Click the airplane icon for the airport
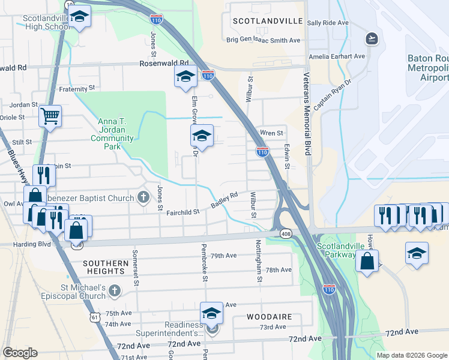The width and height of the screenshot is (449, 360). point(372,39)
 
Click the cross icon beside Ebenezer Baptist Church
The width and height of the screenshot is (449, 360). point(143,197)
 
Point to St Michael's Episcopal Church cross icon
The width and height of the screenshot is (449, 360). point(115,291)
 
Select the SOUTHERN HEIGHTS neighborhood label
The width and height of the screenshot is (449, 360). point(106,268)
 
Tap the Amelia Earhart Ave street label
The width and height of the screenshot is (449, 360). point(337,56)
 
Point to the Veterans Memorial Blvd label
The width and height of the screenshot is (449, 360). point(306,115)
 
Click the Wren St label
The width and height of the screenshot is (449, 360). point(271,133)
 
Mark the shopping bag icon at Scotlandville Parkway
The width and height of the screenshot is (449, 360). point(366,261)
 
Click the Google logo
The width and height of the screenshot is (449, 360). point(20,353)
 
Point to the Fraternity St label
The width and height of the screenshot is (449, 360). point(77,88)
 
